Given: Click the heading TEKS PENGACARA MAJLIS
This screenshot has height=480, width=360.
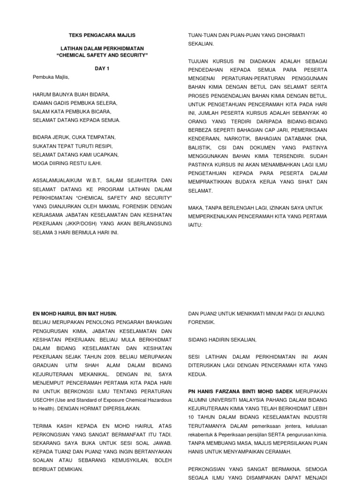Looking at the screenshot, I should [x=102, y=36].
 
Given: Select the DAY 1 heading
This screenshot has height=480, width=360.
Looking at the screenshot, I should [x=102, y=68].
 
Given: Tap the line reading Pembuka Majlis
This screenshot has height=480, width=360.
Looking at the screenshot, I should [x=51, y=77].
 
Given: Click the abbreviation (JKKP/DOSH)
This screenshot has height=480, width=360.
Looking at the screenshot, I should [x=77, y=224].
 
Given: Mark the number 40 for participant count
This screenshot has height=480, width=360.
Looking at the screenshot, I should [x=323, y=113].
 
